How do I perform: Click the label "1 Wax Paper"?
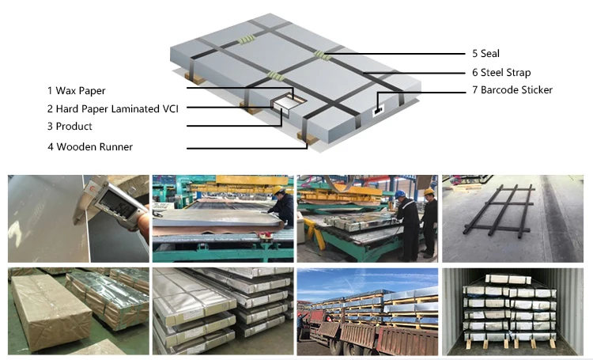pos(76,91)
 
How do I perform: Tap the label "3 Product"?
pos(70,127)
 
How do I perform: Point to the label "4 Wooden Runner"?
pos(89,147)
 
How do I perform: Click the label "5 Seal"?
pos(485,54)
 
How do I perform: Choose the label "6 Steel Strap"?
pos(501,72)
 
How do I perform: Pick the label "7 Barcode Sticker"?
pos(512,90)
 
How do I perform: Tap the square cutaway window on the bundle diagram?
pos(282,102)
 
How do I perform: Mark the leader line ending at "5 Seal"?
pos(395,54)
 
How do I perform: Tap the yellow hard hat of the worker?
pos(428,191)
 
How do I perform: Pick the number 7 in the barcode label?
pos(475,90)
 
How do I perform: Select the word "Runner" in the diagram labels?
pos(115,147)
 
